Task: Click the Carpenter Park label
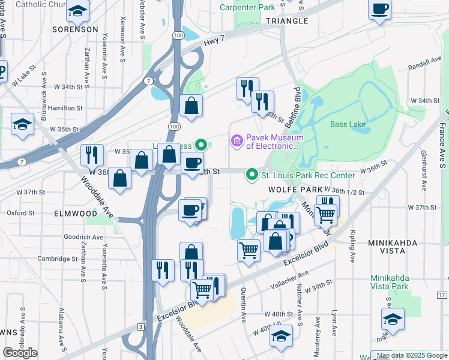tap(247, 7)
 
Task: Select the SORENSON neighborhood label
tap(75, 29)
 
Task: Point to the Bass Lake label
tap(347, 124)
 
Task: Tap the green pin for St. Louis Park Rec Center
tap(252, 175)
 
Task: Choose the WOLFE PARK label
tap(293, 189)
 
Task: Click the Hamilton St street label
tap(66, 108)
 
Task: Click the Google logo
tap(20, 353)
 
